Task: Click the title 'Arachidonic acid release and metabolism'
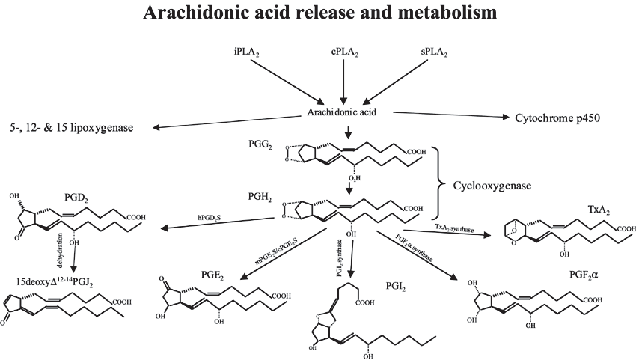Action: (x=317, y=13)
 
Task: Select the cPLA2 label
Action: (x=344, y=53)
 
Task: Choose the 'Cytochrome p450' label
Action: (x=557, y=118)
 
